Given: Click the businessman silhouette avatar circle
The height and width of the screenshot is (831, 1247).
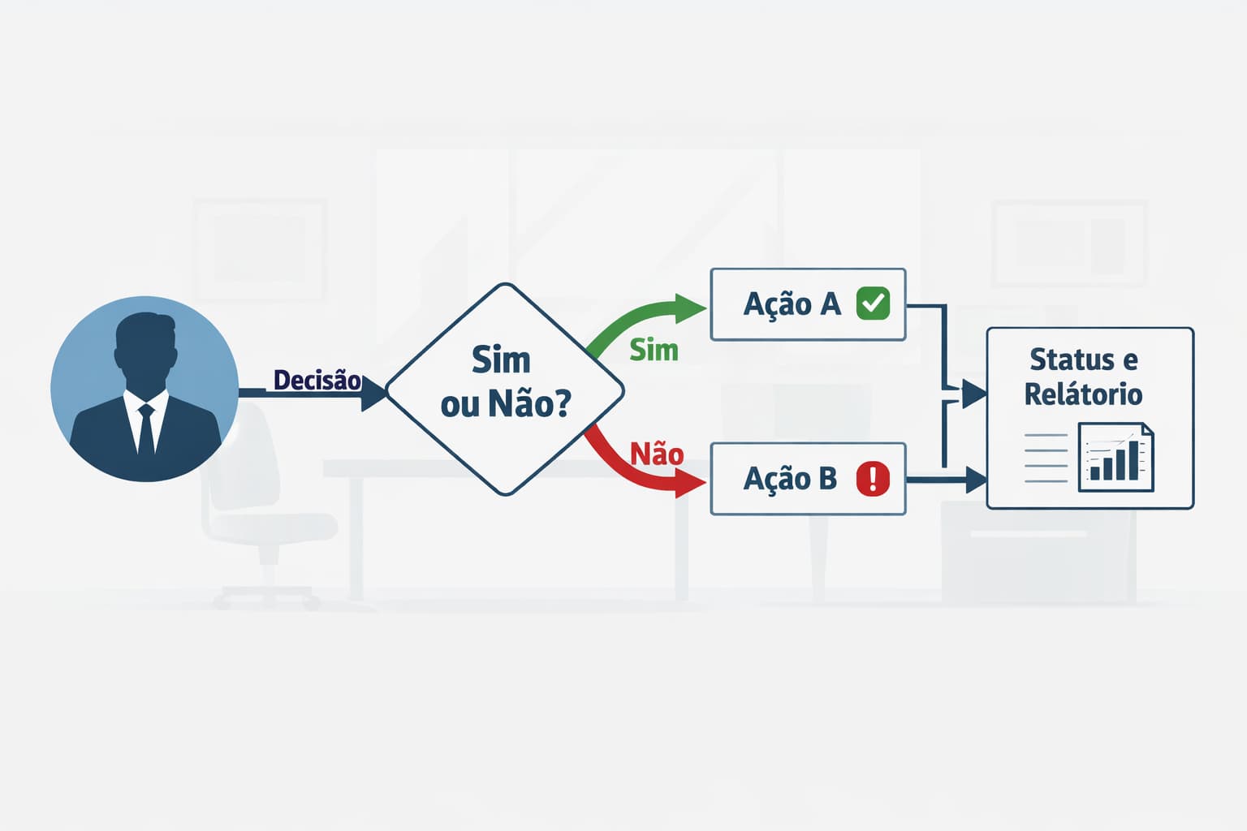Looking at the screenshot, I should pos(145,389).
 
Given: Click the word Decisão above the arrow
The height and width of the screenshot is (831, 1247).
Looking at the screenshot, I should pos(317,380).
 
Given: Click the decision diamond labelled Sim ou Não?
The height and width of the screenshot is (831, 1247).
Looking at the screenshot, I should pos(505,389).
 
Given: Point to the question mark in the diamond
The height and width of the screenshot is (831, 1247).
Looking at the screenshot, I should pos(561,403).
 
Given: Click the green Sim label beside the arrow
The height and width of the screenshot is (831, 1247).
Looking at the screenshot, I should pos(654,350).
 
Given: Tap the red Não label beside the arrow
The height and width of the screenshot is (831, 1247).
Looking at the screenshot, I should pos(657,454).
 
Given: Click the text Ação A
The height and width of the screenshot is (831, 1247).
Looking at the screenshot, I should pos(792,304).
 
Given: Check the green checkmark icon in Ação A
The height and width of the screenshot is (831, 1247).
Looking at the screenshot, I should pos(873,304).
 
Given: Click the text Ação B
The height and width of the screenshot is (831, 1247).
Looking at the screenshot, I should pos(790,479).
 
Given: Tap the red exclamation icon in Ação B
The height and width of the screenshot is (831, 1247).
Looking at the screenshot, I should pos(873,479).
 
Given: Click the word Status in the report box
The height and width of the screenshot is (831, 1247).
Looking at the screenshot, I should pos(1071,359).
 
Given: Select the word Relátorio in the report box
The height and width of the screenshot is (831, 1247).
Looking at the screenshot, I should pos(1083,394).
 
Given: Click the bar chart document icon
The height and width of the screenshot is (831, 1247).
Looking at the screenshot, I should pos(1115,457).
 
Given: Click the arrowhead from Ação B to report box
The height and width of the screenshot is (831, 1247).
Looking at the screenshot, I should pos(976,480).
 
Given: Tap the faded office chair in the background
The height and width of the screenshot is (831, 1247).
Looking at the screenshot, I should pos(252,503).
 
